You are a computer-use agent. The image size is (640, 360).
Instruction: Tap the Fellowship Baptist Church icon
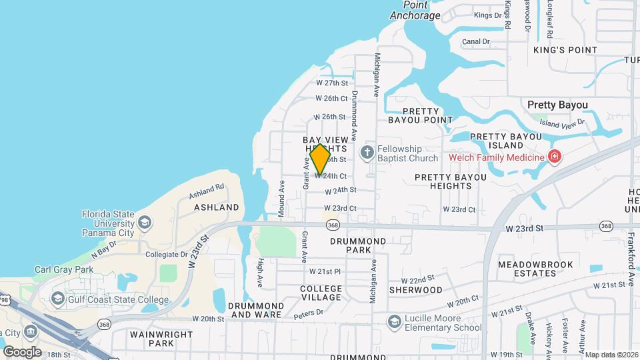coord(366,153)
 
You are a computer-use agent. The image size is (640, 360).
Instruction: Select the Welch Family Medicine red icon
coord(554,157)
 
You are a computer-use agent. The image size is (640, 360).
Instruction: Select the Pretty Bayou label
coord(557,105)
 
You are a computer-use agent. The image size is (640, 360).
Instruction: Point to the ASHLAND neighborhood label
coord(216,207)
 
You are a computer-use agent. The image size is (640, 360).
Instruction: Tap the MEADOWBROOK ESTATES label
coord(535,269)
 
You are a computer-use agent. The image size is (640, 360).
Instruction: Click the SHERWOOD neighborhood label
coord(415,290)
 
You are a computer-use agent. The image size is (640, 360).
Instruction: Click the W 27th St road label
coord(332,83)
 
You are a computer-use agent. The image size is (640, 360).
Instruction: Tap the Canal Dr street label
coord(475,41)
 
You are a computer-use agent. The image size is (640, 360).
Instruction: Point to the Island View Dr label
coord(561,123)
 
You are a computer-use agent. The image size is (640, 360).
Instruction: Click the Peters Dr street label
coord(310,311)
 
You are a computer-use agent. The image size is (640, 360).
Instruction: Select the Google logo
coord(22,351)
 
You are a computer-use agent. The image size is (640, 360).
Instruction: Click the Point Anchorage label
coord(415,11)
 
